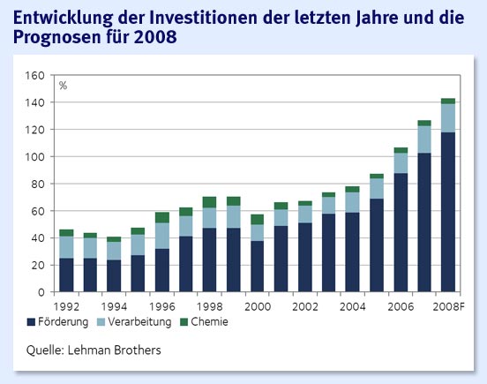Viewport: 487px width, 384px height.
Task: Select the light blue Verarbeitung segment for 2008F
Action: click(x=447, y=118)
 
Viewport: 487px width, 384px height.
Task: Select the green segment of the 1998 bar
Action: click(x=209, y=202)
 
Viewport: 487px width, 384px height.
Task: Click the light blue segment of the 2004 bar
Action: click(x=352, y=202)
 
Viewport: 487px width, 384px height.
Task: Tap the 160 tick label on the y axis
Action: click(x=35, y=76)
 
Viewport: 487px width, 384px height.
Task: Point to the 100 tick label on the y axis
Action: click(x=35, y=157)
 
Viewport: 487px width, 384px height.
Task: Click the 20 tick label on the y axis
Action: click(x=38, y=265)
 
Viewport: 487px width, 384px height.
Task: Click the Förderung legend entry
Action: click(x=59, y=322)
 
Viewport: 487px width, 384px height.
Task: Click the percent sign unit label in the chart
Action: click(x=64, y=86)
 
